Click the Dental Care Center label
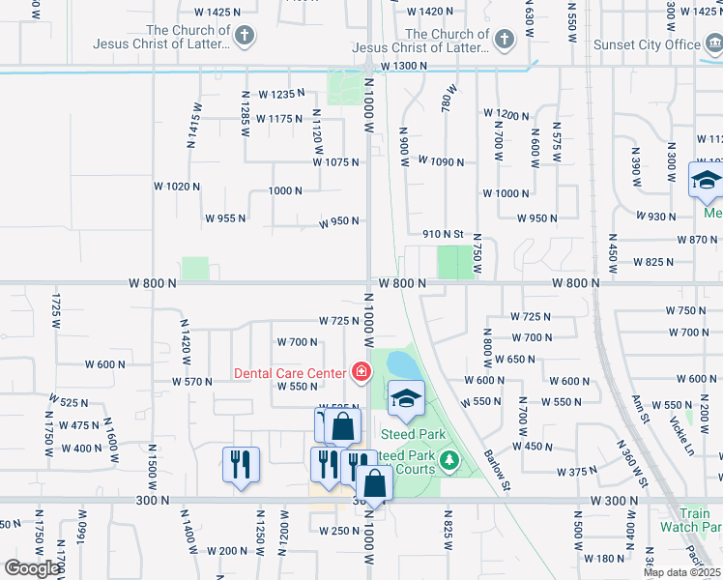(288, 372)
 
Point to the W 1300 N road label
(404, 66)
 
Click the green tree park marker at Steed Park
(448, 460)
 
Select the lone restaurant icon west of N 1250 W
(240, 464)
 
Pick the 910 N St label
(444, 234)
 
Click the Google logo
(31, 568)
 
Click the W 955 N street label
(224, 218)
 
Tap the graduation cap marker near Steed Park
(407, 398)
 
